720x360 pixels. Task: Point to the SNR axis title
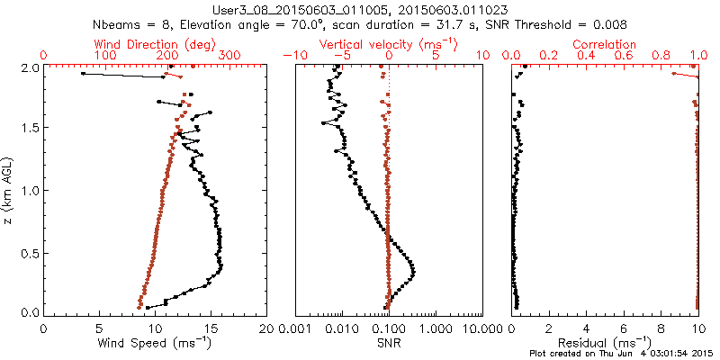pos(388,343)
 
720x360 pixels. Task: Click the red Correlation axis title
pos(606,44)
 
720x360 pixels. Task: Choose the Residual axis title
pos(606,343)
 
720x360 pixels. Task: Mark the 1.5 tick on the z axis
pos(29,129)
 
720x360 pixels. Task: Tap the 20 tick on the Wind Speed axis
pos(265,328)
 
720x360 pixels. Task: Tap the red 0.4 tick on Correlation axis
pos(587,56)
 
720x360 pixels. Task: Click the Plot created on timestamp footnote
pos(620,353)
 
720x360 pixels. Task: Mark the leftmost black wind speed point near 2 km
pos(83,74)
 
